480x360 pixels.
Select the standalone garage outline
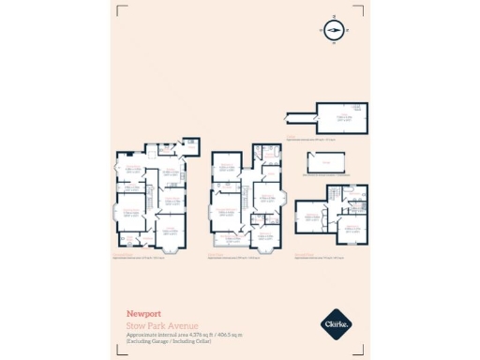point(323,165)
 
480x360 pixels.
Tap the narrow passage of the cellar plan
point(298,117)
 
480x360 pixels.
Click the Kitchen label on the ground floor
point(171,172)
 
